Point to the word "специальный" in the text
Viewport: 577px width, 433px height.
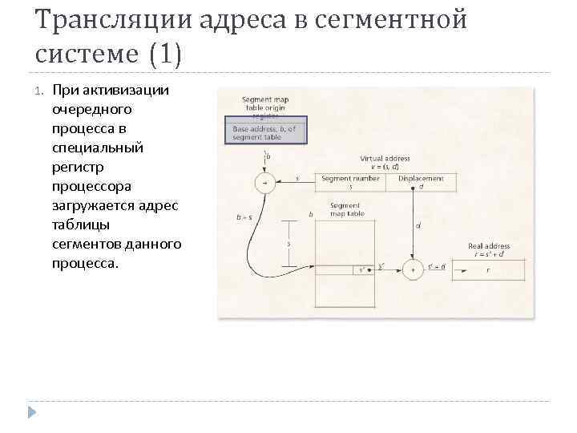(x=97, y=147)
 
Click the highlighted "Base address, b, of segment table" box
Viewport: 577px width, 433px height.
(x=264, y=132)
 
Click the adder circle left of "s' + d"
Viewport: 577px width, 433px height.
(x=413, y=270)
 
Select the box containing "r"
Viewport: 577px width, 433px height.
(x=489, y=270)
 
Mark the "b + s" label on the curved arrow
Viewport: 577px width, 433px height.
(x=242, y=216)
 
